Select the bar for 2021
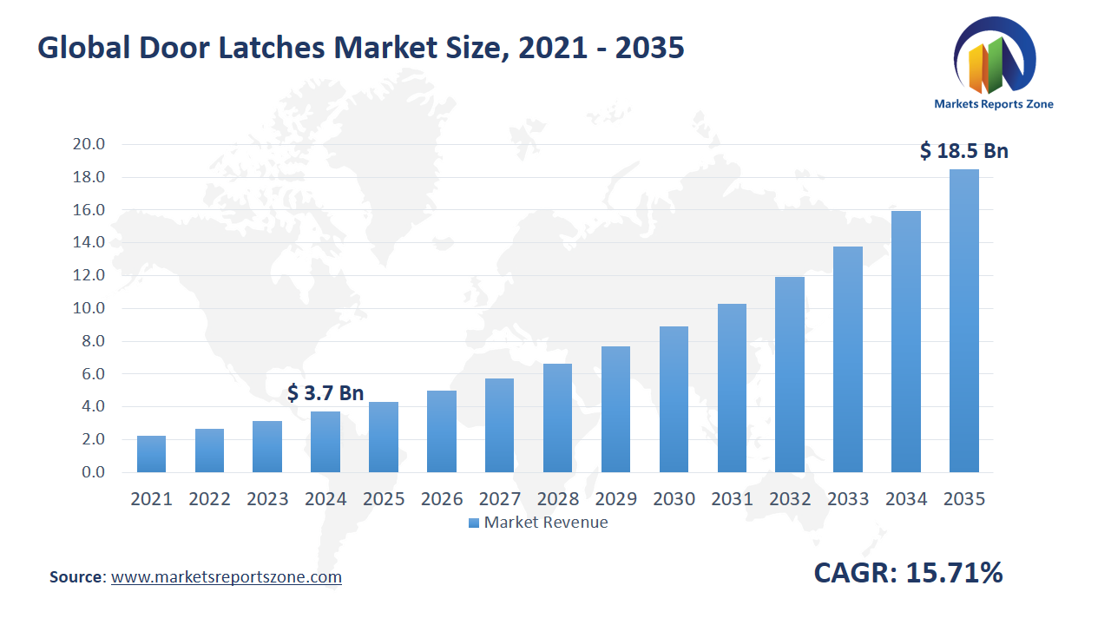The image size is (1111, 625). pyautogui.click(x=151, y=454)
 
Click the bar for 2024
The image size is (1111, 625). pyautogui.click(x=325, y=442)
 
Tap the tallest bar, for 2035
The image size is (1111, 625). pyautogui.click(x=964, y=321)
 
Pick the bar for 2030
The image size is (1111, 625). pyautogui.click(x=674, y=399)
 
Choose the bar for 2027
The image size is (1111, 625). pyautogui.click(x=499, y=425)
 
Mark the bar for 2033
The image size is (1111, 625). pyautogui.click(x=848, y=359)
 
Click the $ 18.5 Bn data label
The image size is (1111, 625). pyautogui.click(x=963, y=151)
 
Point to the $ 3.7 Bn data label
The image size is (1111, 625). pyautogui.click(x=325, y=393)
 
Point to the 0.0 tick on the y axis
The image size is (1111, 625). pyautogui.click(x=92, y=472)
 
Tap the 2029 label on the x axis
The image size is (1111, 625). pyautogui.click(x=615, y=499)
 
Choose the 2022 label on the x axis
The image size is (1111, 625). pyautogui.click(x=209, y=499)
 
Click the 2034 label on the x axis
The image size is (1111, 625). pyautogui.click(x=906, y=499)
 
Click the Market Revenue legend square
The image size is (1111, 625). pyautogui.click(x=473, y=523)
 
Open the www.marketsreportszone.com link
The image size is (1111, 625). pyautogui.click(x=227, y=576)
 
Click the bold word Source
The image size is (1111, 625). pyautogui.click(x=76, y=576)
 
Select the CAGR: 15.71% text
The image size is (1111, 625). pyautogui.click(x=908, y=573)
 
